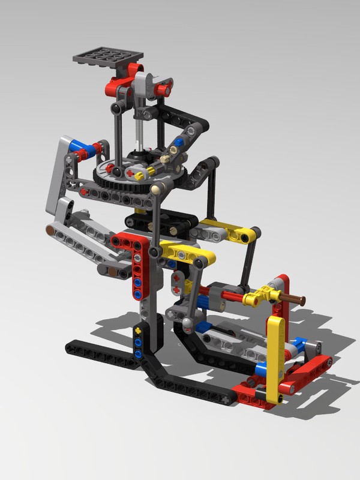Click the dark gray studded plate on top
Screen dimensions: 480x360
[x=108, y=58]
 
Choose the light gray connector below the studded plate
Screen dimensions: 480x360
[x=142, y=84]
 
